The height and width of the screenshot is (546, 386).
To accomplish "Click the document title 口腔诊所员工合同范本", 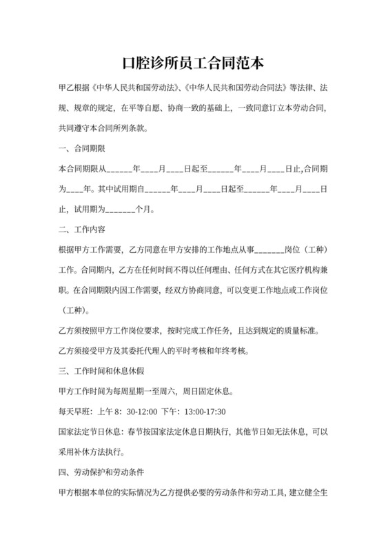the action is (x=192, y=64).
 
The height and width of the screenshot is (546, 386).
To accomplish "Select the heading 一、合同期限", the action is (x=82, y=148).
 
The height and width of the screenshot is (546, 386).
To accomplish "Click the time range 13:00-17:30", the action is (x=207, y=412).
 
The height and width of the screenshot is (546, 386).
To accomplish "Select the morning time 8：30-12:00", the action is (x=132, y=412).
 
